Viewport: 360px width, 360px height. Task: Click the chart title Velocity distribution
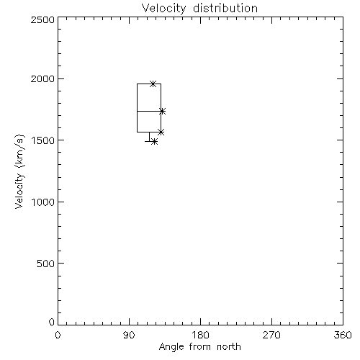pos(199,9)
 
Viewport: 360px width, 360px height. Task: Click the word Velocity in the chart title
pos(163,9)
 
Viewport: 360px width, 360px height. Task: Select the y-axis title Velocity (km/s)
pos(19,171)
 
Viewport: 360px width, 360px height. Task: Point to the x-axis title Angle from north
pos(199,347)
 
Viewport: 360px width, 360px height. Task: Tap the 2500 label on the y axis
pos(42,19)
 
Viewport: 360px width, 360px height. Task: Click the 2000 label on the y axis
pos(42,79)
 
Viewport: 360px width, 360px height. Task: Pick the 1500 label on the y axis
pos(42,140)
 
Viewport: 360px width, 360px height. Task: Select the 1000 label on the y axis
pos(42,202)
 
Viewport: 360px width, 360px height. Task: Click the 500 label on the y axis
pos(45,264)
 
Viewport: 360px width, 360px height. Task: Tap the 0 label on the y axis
pos(52,322)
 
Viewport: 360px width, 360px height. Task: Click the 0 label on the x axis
pos(58,335)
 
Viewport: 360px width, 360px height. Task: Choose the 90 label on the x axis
pos(129,335)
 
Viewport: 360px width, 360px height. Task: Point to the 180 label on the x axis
pos(200,335)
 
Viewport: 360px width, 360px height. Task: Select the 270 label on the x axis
pos(271,335)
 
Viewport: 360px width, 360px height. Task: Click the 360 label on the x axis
pos(343,335)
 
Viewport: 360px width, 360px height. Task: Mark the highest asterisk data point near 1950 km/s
pos(153,84)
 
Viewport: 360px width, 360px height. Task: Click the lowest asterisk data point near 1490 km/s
pos(155,142)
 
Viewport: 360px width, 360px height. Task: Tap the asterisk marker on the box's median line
pos(162,112)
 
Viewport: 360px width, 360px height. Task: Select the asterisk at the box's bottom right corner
pos(161,132)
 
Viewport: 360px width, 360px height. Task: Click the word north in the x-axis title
pos(229,347)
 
